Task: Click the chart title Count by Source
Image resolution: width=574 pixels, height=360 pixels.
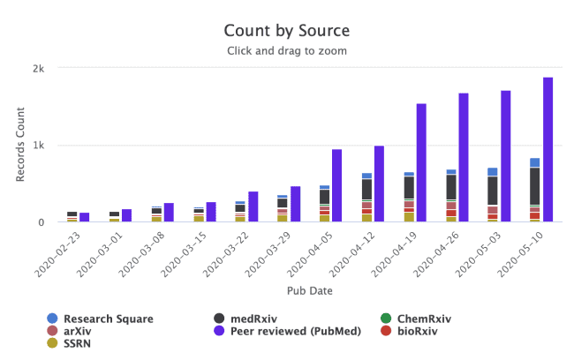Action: pyautogui.click(x=286, y=33)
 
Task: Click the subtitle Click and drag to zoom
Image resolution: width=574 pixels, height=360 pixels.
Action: pyautogui.click(x=286, y=50)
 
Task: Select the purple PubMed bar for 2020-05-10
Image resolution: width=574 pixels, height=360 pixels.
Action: pyautogui.click(x=548, y=150)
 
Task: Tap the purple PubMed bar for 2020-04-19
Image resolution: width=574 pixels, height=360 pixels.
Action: pyautogui.click(x=421, y=163)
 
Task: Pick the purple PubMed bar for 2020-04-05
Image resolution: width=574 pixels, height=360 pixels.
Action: pyautogui.click(x=336, y=185)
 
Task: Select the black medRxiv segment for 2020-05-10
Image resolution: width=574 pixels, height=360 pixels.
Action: pyautogui.click(x=535, y=185)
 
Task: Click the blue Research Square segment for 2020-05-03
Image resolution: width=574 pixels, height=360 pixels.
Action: pyautogui.click(x=493, y=172)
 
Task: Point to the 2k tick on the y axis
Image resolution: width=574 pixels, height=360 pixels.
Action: pyautogui.click(x=39, y=68)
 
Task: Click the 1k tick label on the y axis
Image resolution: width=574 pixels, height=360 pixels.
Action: pyautogui.click(x=39, y=145)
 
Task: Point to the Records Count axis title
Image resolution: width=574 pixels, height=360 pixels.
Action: pyautogui.click(x=20, y=145)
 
